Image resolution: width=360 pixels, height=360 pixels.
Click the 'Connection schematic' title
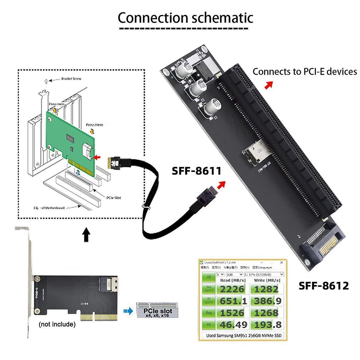click(x=185, y=18)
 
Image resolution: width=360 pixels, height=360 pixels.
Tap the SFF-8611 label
click(x=196, y=171)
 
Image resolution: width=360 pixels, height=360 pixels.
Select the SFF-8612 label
click(x=324, y=286)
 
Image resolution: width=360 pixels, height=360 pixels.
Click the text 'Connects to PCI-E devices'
click(x=304, y=72)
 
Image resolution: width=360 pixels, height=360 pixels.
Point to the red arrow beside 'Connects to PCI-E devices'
click(x=269, y=85)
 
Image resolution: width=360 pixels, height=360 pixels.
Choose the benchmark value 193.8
click(x=266, y=324)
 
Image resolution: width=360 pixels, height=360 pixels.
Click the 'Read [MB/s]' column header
click(x=233, y=280)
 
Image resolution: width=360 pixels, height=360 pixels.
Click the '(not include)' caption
click(x=57, y=324)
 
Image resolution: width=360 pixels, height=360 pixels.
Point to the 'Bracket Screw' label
click(x=71, y=79)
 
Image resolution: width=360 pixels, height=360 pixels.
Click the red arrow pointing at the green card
click(x=97, y=157)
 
